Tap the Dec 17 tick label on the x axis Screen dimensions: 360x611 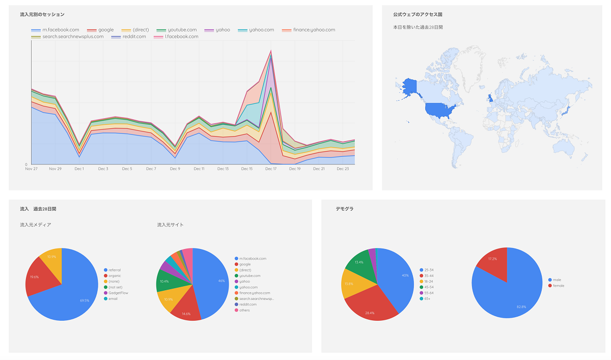tap(270, 169)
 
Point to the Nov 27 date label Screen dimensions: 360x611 tap(32, 169)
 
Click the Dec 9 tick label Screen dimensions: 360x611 tap(175, 169)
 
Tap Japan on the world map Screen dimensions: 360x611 tap(565, 109)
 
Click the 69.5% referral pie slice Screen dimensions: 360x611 tap(71, 295)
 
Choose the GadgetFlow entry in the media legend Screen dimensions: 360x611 tap(118, 293)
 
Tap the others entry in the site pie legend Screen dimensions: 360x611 tap(244, 310)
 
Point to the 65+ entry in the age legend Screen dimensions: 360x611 tap(426, 299)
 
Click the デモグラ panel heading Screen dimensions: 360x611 tap(344, 209)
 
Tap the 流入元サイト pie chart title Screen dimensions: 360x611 tap(171, 225)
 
